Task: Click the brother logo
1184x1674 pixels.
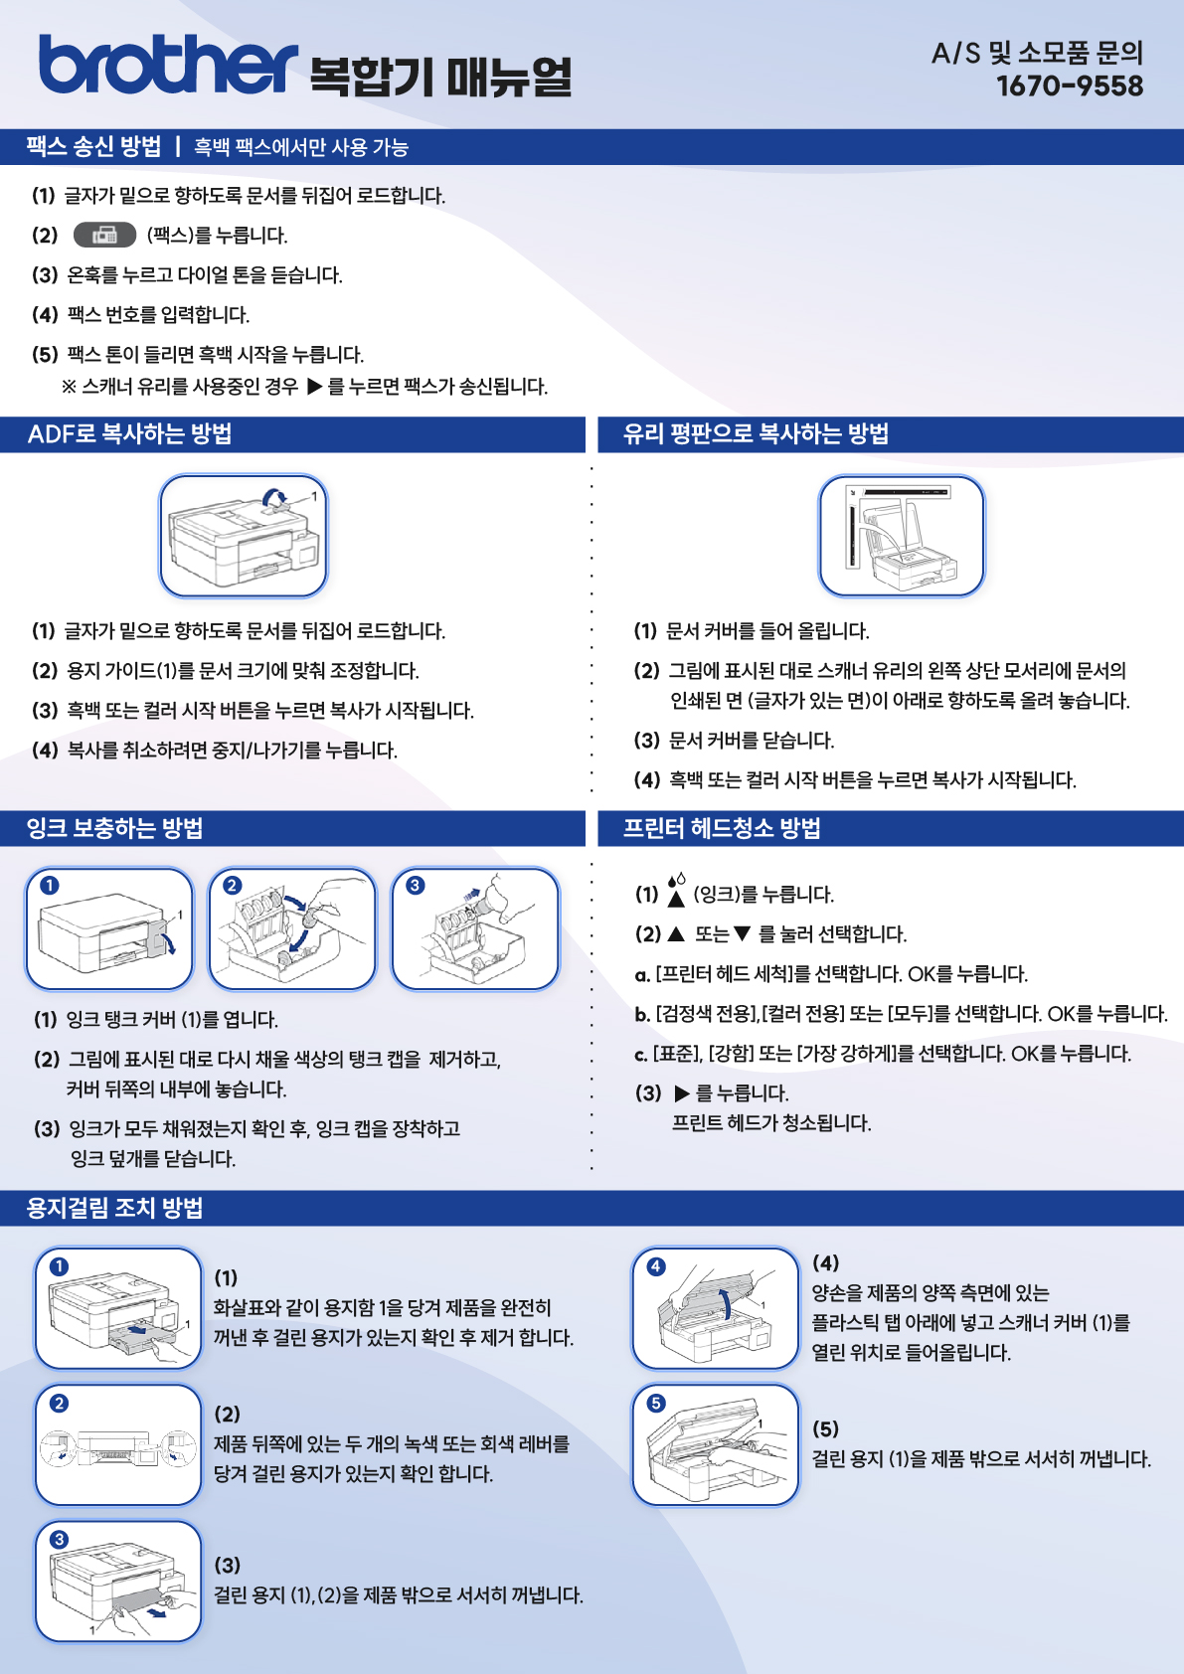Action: [168, 65]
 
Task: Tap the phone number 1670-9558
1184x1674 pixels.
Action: [1069, 85]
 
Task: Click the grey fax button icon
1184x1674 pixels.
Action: [104, 236]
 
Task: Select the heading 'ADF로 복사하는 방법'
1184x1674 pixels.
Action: [129, 434]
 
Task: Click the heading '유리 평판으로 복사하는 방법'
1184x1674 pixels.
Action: [756, 434]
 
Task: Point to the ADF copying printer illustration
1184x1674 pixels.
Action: [244, 536]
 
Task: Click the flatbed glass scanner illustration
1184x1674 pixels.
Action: [902, 536]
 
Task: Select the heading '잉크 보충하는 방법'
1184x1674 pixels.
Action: [114, 828]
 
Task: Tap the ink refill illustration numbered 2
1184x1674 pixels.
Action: [292, 928]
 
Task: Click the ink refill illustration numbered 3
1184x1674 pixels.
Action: [475, 928]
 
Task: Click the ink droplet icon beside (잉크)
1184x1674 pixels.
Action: [676, 891]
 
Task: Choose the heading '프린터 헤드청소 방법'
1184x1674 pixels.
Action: [722, 828]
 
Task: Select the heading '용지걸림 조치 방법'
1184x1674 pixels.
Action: [114, 1208]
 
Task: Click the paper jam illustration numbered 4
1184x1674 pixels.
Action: [716, 1308]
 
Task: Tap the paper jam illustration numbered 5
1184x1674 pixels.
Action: [716, 1445]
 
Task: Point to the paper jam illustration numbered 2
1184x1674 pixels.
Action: [118, 1445]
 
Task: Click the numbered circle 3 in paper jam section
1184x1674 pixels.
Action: [59, 1540]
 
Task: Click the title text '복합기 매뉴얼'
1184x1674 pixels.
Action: [441, 77]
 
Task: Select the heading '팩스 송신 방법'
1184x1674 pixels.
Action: [93, 146]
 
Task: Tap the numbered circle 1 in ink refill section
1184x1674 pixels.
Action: [49, 886]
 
